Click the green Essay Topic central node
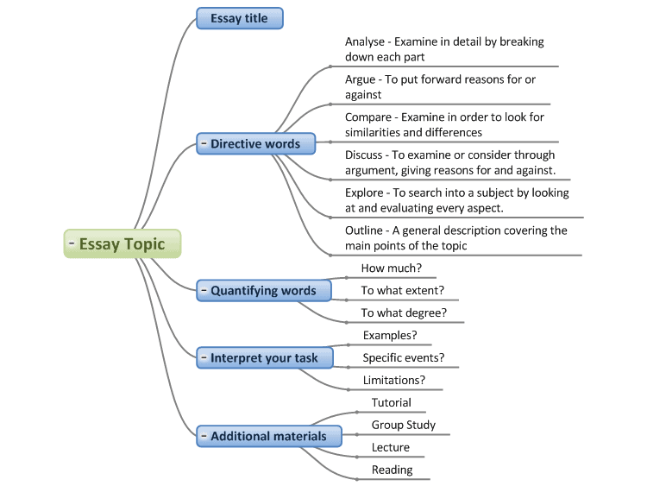122,243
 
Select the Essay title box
240,18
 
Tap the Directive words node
256,143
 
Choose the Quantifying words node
264,291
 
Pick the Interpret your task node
265,357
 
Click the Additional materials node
269,436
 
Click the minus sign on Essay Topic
72,243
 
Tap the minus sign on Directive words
204,143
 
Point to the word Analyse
365,42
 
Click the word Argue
361,79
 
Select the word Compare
368,117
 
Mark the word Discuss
363,155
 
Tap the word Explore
364,193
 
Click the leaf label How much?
392,268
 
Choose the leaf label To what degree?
404,313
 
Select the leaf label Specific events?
404,357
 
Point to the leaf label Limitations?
394,380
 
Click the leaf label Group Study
404,425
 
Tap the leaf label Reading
392,470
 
